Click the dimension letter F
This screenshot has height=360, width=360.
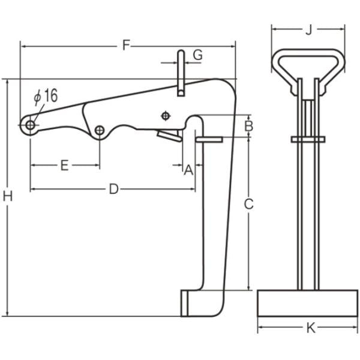click(x=126, y=44)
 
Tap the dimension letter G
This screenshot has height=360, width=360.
click(x=197, y=55)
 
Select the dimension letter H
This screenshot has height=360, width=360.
click(x=7, y=196)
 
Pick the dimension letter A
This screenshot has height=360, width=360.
click(x=188, y=170)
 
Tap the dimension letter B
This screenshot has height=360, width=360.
click(x=249, y=126)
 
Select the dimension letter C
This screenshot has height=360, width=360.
click(x=249, y=204)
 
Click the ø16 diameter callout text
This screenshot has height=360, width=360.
click(x=46, y=96)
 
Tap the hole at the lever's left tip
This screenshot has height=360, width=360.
click(x=30, y=124)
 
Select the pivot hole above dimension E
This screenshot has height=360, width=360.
click(x=100, y=130)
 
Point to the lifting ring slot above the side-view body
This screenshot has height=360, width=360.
click(x=180, y=72)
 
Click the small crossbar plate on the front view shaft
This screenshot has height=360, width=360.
click(x=308, y=139)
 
